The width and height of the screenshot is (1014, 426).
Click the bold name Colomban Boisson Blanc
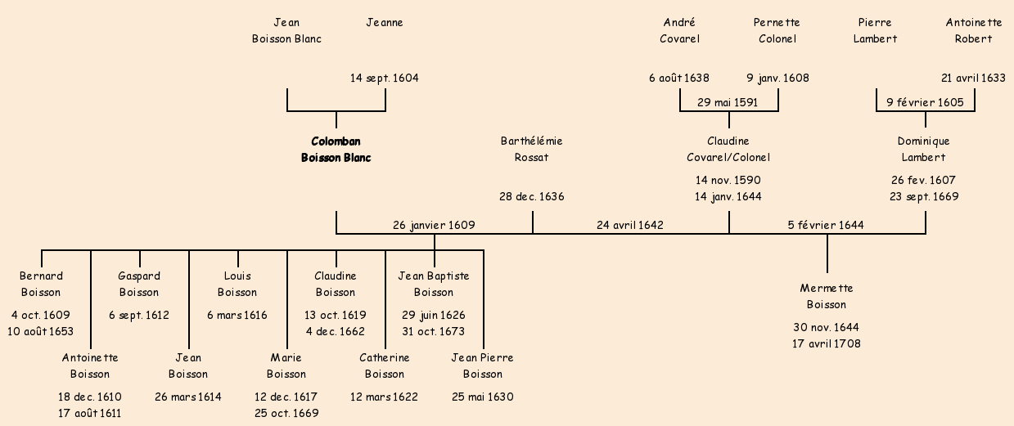pyautogui.click(x=336, y=150)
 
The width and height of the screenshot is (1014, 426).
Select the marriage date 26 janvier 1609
pyautogui.click(x=434, y=225)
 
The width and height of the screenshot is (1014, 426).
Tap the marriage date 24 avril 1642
pyautogui.click(x=630, y=225)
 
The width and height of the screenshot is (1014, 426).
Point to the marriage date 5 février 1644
pyautogui.click(x=826, y=225)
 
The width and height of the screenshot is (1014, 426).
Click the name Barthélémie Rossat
pyautogui.click(x=532, y=150)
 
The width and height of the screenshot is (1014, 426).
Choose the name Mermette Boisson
pyautogui.click(x=827, y=297)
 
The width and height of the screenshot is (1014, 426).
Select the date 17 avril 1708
pyautogui.click(x=827, y=344)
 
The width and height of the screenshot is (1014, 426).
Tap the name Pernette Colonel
pyautogui.click(x=777, y=30)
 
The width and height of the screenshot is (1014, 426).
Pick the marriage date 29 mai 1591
pyautogui.click(x=728, y=102)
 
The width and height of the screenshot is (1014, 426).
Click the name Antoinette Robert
pyautogui.click(x=974, y=30)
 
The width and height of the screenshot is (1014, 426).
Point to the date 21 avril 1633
pyautogui.click(x=974, y=78)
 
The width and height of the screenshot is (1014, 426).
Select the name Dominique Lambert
pyautogui.click(x=924, y=150)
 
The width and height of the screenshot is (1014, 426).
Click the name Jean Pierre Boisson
pyautogui.click(x=483, y=365)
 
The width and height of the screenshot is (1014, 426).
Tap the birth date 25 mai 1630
pyautogui.click(x=483, y=397)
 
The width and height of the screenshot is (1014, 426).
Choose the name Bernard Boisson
pyautogui.click(x=41, y=284)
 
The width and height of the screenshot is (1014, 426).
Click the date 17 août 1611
pyautogui.click(x=90, y=413)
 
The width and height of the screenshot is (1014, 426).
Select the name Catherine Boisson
pyautogui.click(x=385, y=365)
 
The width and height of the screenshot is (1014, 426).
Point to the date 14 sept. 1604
pyautogui.click(x=385, y=78)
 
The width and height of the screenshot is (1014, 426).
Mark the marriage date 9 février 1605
pyautogui.click(x=925, y=102)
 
